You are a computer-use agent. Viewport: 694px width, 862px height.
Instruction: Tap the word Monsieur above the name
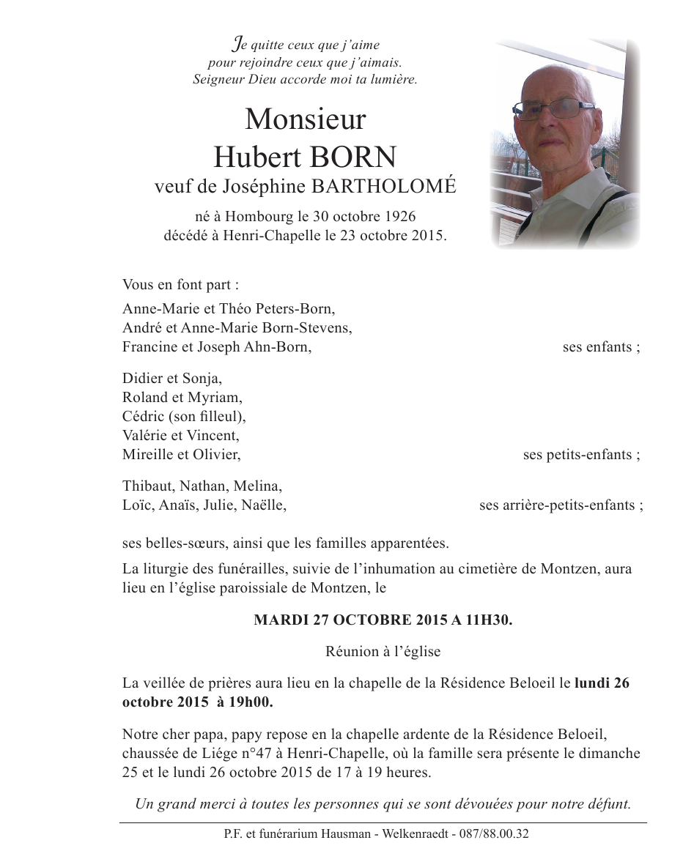click(x=306, y=119)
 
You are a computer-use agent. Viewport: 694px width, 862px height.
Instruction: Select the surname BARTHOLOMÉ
click(x=383, y=187)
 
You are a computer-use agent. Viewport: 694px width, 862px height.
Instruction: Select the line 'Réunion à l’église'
click(x=383, y=650)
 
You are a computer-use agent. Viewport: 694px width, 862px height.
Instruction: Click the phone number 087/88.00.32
click(x=493, y=833)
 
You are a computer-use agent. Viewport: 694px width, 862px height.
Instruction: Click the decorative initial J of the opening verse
click(x=236, y=45)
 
